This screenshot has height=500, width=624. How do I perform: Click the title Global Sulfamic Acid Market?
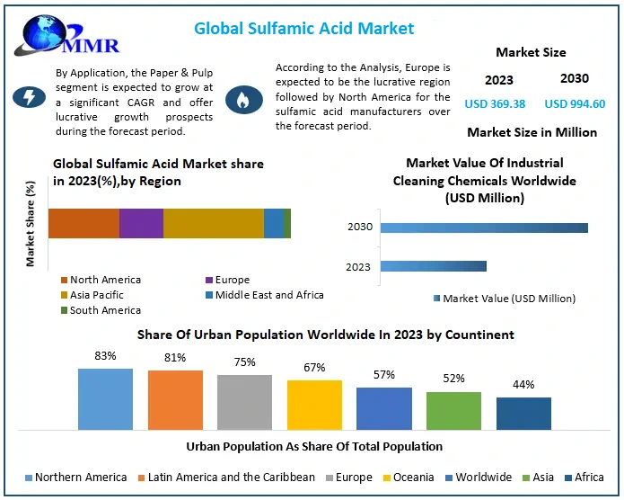(304, 28)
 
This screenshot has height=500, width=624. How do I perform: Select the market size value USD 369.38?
(494, 103)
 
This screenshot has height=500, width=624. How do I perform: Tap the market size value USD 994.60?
(575, 103)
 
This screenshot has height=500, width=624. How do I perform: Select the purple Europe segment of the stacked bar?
(141, 223)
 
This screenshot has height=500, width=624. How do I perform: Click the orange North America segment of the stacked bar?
(83, 223)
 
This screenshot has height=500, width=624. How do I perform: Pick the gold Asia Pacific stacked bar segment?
(214, 223)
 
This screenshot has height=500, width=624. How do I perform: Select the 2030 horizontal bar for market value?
(484, 228)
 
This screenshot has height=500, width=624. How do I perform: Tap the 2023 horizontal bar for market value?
(433, 266)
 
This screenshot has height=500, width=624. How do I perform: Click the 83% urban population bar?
(105, 398)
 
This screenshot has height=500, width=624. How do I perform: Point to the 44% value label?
(524, 385)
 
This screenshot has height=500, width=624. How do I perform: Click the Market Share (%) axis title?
(31, 224)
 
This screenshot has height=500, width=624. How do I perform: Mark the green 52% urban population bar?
(453, 410)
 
